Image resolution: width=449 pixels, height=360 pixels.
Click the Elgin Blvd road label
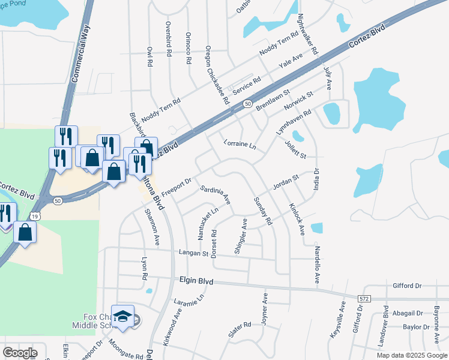197,280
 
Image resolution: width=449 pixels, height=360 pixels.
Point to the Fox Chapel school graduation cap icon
123,318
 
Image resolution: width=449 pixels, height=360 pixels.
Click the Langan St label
193,254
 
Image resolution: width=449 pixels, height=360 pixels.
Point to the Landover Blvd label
385,328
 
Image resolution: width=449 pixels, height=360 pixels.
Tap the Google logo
20,353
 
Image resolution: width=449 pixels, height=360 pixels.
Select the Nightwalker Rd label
308,34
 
